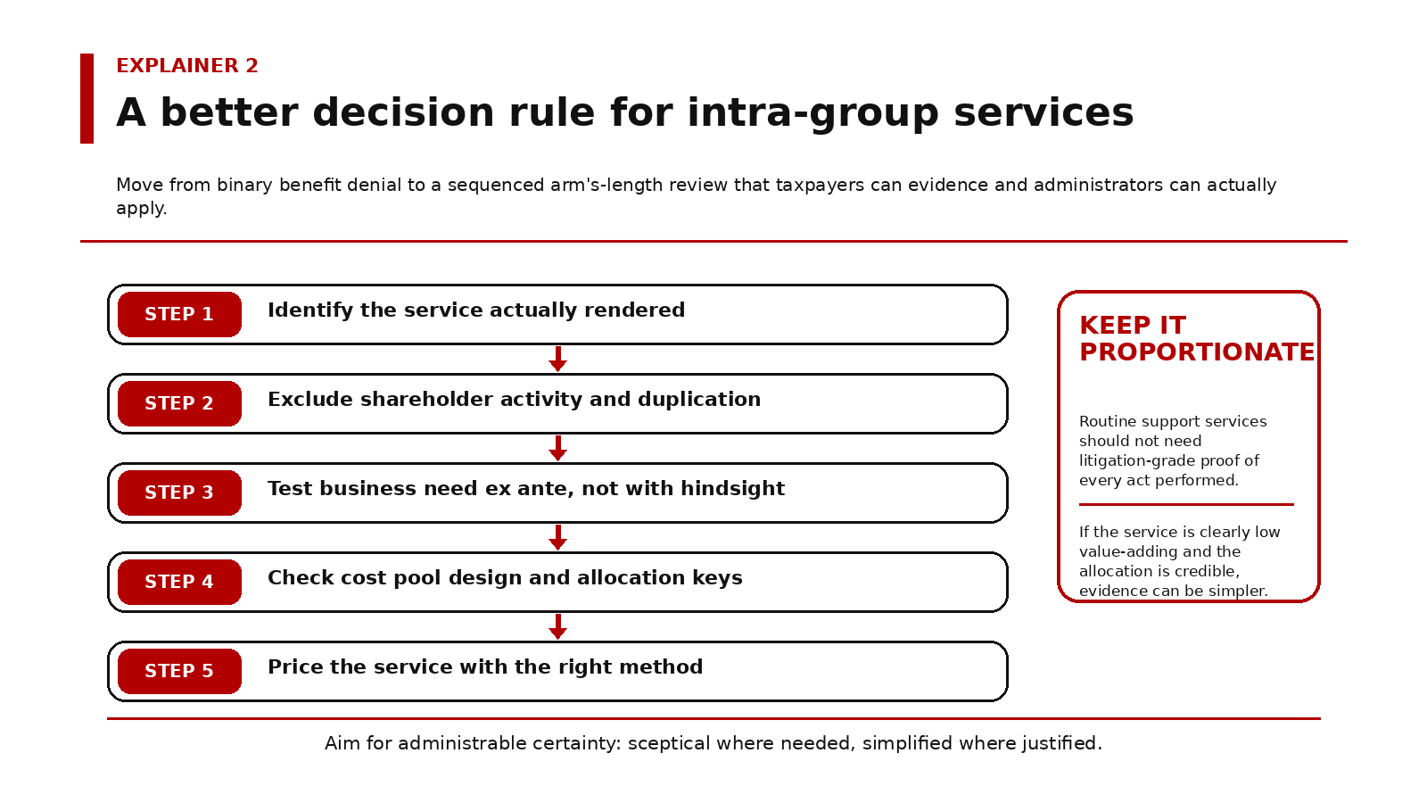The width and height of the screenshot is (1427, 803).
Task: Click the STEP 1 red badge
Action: coord(179,314)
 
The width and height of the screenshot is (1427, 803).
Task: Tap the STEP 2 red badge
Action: coord(179,403)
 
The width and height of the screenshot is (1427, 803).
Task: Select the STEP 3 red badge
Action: coord(179,493)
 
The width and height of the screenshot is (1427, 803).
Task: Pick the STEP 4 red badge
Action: coord(179,582)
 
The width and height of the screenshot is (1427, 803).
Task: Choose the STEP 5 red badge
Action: coord(179,671)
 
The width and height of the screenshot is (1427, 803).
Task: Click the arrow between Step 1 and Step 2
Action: coord(558,359)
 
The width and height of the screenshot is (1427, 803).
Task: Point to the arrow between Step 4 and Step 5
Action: coord(558,626)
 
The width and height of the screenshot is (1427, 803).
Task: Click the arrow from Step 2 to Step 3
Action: coord(558,448)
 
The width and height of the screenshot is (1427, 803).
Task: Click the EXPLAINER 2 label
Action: coord(187,66)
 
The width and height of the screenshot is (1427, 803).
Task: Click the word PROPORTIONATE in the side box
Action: coord(1196,352)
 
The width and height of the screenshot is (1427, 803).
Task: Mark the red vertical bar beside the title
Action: coord(87,98)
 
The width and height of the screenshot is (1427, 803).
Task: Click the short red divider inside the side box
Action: coord(1186,504)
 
